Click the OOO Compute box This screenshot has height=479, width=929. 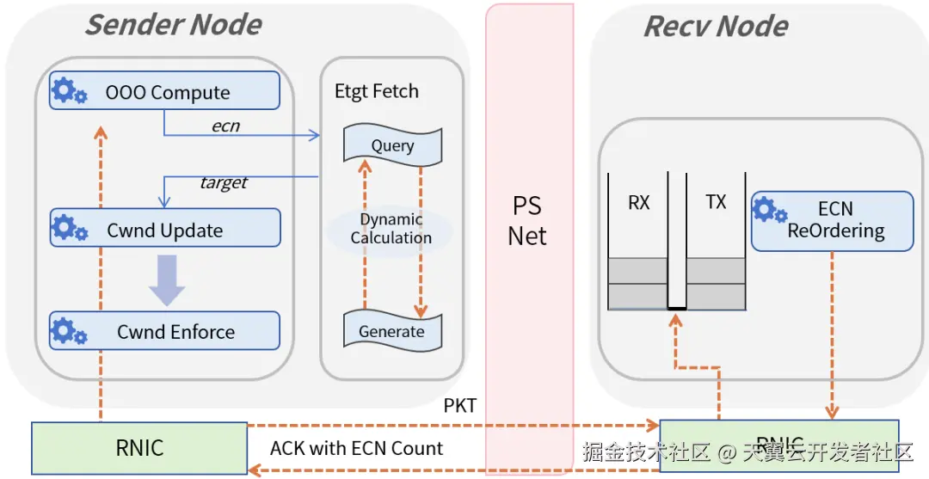click(x=165, y=90)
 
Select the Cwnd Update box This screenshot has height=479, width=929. click(x=165, y=228)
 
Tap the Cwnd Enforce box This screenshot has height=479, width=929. click(x=165, y=331)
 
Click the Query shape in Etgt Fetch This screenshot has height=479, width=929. click(x=392, y=145)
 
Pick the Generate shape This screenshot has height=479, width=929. click(x=392, y=331)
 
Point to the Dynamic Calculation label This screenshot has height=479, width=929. click(x=391, y=229)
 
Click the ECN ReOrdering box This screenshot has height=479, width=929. click(x=832, y=221)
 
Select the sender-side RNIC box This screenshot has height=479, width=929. click(x=139, y=447)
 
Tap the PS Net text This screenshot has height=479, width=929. click(x=527, y=221)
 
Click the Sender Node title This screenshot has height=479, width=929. click(x=173, y=24)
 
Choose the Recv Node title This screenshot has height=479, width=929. click(x=716, y=27)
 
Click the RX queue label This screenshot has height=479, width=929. click(x=638, y=203)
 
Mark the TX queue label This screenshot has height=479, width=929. click(x=716, y=202)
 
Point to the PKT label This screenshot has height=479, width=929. click(x=460, y=406)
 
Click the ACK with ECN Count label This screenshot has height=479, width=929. click(x=356, y=448)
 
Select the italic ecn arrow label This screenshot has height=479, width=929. click(x=225, y=126)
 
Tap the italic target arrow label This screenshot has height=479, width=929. click(x=224, y=182)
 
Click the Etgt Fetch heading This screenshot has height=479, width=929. click(x=377, y=91)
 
